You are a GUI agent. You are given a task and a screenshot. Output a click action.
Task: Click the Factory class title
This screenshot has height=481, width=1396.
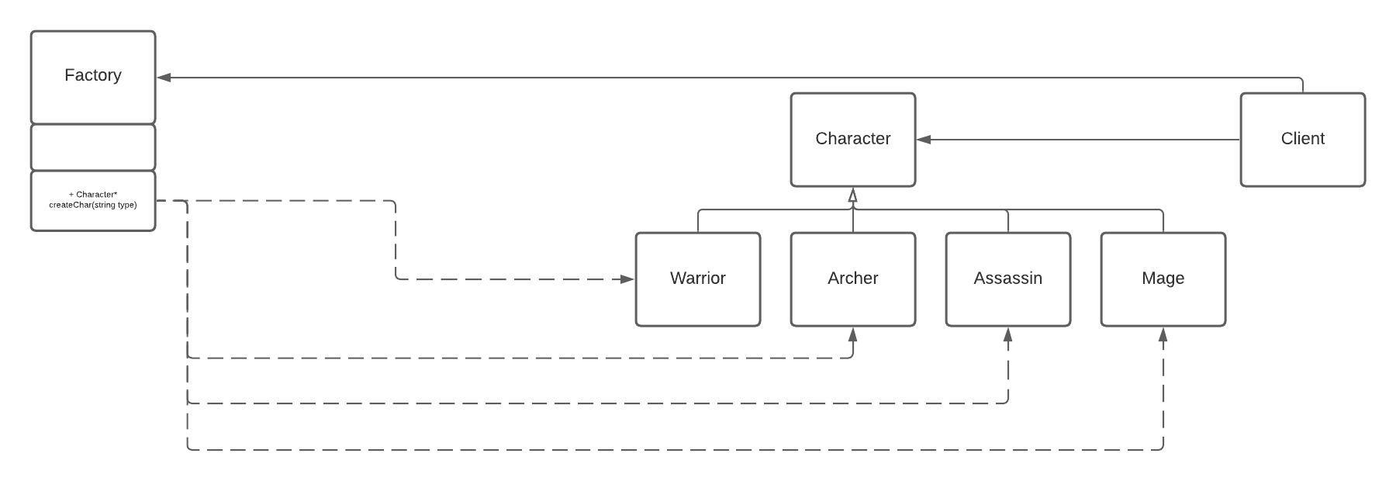click(93, 75)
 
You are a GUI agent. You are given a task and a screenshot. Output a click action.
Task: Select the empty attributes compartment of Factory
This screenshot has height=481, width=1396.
click(93, 147)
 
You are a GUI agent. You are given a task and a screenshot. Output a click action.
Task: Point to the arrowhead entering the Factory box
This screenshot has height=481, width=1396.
click(164, 78)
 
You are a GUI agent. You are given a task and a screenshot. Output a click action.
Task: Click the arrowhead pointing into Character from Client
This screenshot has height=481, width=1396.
click(924, 140)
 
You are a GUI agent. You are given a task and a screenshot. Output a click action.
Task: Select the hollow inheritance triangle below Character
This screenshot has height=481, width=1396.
click(853, 196)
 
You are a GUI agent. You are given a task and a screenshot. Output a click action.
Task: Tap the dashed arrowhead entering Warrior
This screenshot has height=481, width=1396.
click(627, 279)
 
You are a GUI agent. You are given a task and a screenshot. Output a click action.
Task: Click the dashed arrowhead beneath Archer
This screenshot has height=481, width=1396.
click(853, 334)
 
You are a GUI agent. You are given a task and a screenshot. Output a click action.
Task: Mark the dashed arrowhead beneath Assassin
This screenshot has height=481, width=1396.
click(1008, 334)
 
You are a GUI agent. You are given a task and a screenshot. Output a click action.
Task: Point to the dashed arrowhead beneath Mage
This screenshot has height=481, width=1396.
click(1163, 334)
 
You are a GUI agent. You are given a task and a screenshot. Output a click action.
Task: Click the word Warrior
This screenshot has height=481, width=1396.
click(698, 278)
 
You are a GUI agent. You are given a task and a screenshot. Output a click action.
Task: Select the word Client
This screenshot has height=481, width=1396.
click(1303, 138)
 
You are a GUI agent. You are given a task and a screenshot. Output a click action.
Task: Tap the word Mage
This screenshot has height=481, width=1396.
click(1163, 278)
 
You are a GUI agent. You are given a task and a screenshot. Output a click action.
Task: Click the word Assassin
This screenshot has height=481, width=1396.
click(1008, 278)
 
